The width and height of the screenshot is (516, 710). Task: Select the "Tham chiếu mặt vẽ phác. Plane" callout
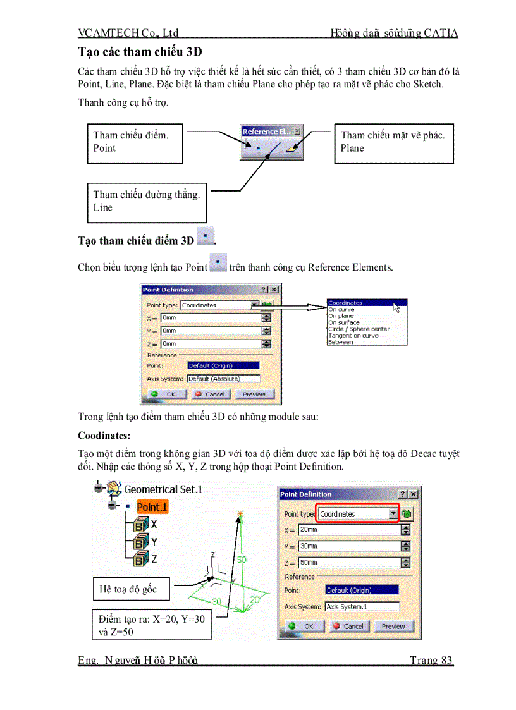[x=393, y=143]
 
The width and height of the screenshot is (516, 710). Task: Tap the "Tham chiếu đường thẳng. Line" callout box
[x=147, y=202]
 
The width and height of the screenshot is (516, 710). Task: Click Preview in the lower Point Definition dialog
[x=393, y=626]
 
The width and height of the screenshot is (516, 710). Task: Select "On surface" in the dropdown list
[x=344, y=322]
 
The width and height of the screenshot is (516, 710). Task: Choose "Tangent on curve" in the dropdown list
[x=353, y=336]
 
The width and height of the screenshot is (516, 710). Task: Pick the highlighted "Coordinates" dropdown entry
[x=347, y=303]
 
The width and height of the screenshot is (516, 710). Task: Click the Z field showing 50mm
[x=349, y=563]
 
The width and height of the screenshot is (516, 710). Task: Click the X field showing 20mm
[x=349, y=530]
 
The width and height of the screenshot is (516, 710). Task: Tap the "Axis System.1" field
[x=362, y=606]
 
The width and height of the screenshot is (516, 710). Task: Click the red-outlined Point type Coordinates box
[x=358, y=514]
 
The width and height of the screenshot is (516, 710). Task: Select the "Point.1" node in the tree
[x=152, y=507]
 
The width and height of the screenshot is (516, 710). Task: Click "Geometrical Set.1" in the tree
[x=163, y=489]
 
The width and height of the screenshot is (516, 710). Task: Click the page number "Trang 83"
[x=431, y=661]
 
